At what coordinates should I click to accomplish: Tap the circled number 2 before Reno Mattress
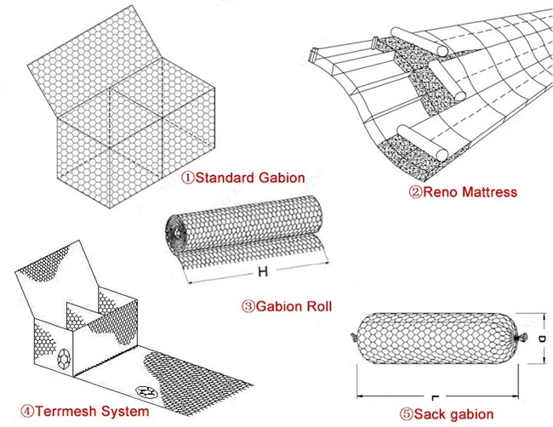(418, 192)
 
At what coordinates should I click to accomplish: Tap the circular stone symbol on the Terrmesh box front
(65, 359)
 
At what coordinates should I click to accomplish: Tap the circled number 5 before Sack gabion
(400, 414)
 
